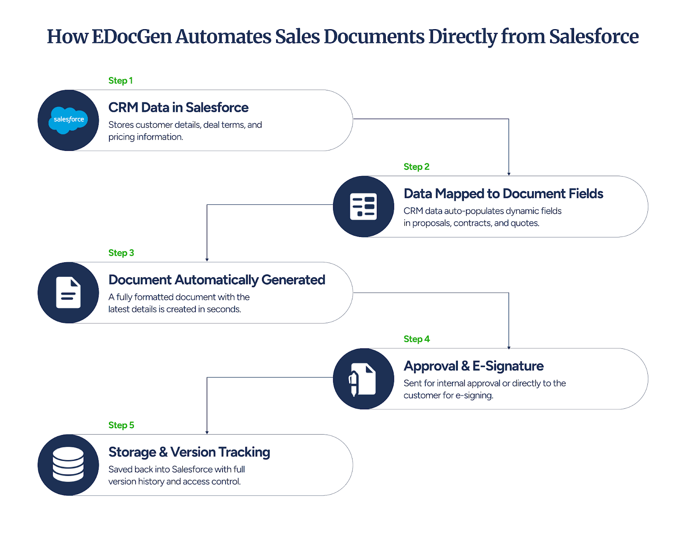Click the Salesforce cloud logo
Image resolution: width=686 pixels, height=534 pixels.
68,120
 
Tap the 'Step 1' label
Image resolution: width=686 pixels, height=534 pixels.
120,81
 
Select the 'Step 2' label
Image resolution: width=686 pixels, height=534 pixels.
416,167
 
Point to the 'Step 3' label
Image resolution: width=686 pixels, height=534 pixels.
121,253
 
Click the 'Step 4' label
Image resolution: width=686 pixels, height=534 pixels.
416,339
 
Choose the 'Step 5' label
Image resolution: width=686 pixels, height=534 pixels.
121,425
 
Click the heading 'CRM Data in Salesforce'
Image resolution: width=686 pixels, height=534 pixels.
178,107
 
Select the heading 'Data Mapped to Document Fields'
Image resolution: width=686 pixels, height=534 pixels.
503,194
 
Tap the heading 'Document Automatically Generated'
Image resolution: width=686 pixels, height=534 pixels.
217,280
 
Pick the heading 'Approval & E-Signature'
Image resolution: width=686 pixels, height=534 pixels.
473,366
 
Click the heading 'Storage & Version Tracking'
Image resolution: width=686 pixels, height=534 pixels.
189,452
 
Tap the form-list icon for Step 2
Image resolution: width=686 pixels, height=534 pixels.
363,207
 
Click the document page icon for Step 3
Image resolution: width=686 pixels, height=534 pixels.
68,293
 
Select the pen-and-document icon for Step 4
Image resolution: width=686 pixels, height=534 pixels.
363,379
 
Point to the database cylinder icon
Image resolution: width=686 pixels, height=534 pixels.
68,465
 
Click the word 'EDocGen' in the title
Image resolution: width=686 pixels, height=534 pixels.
132,36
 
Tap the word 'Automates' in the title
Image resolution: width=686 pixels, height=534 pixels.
223,36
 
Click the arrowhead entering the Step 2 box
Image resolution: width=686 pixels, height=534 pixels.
509,174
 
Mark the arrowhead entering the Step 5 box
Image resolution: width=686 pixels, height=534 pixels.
207,432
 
